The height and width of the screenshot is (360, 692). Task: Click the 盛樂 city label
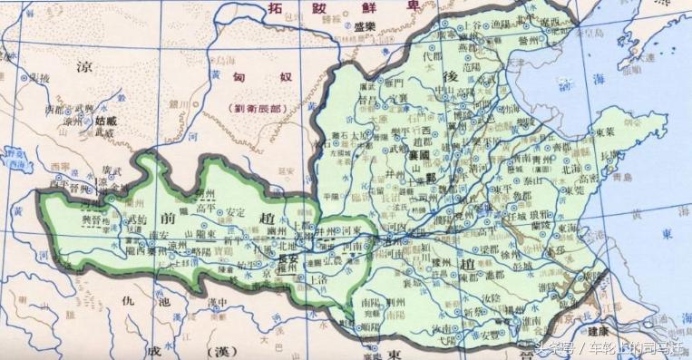pyautogui.click(x=365, y=28)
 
